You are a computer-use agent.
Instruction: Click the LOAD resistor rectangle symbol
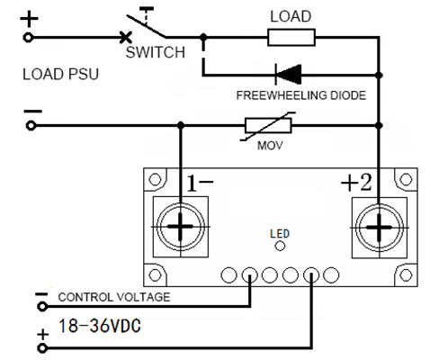[291, 38]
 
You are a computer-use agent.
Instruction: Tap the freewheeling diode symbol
[288, 74]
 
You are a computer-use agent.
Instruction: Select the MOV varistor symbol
[268, 126]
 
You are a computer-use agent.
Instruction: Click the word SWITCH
[155, 52]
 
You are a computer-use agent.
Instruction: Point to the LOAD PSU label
[60, 74]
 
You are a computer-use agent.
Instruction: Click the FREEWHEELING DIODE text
[301, 95]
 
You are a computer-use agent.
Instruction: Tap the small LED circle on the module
[280, 246]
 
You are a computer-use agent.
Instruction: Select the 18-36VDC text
[100, 326]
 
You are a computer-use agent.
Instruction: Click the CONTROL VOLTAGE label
[114, 297]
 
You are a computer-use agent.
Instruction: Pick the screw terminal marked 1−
[180, 227]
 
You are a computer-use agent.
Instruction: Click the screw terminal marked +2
[380, 228]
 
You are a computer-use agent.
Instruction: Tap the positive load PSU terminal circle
[28, 38]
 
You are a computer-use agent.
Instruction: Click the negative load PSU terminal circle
[31, 126]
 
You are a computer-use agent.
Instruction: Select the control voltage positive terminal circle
[42, 348]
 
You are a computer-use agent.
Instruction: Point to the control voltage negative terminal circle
[42, 306]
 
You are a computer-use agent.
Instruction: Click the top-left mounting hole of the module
[155, 180]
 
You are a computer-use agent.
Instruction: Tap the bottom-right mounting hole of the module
[406, 274]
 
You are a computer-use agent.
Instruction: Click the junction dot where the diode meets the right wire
[379, 75]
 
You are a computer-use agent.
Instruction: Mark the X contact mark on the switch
[125, 38]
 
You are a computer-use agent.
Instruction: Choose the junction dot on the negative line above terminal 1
[180, 125]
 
